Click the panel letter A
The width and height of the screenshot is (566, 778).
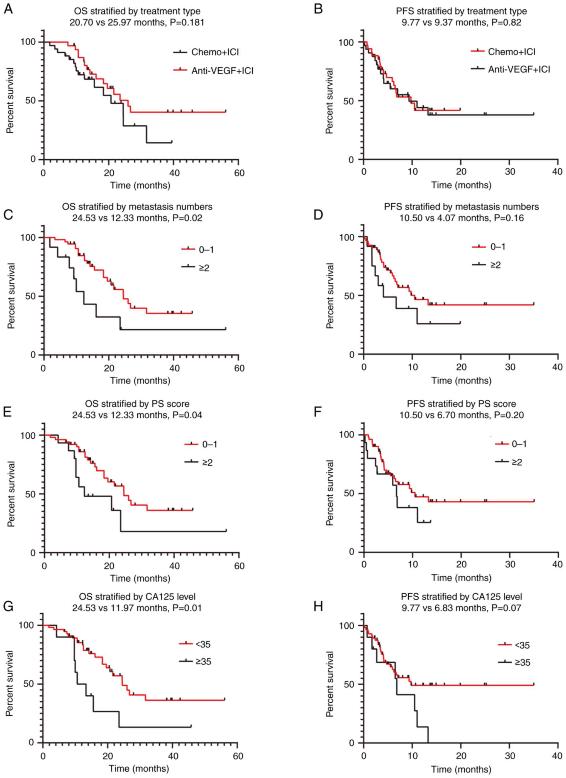[9, 9]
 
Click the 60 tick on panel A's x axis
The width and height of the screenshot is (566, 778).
[239, 173]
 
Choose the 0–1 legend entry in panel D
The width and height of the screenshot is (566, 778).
[498, 247]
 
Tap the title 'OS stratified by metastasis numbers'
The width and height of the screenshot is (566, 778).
[137, 207]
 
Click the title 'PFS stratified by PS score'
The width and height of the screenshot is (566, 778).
[461, 404]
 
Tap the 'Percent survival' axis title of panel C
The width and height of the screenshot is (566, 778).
[12, 296]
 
